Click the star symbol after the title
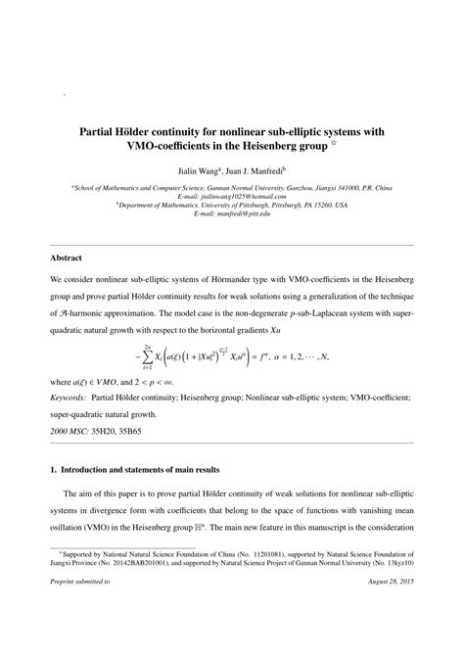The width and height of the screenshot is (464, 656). point(363,142)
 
